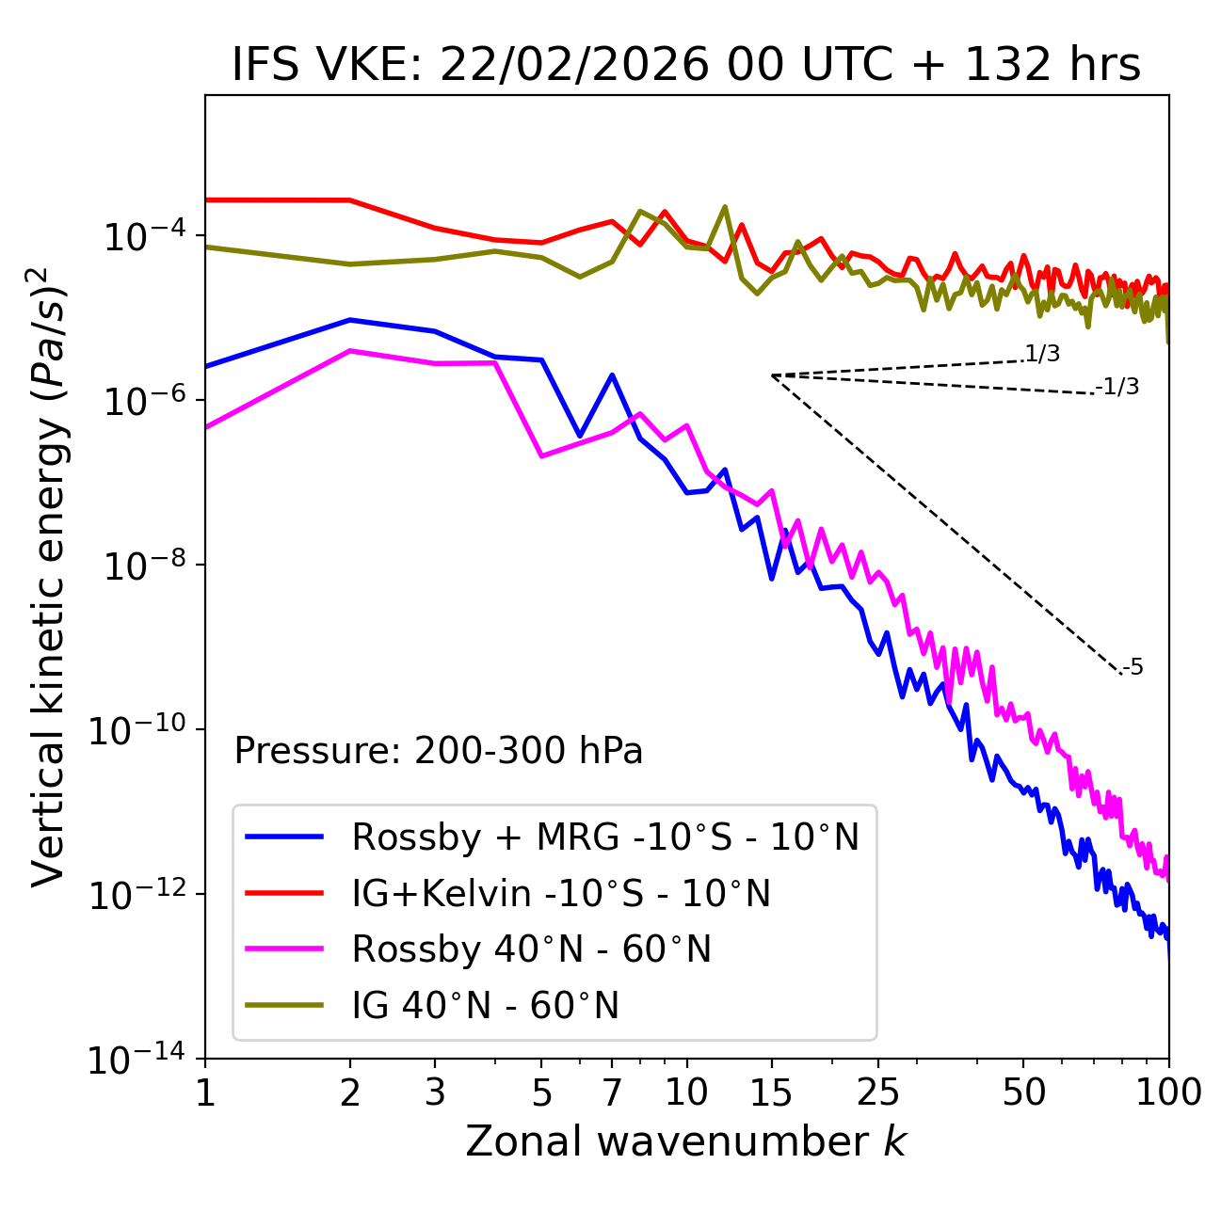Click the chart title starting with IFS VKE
click(686, 66)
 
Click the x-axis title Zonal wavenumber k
click(686, 1141)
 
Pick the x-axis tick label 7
click(612, 1092)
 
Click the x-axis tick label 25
click(878, 1092)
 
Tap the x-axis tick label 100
click(1167, 1092)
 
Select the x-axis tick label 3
click(435, 1092)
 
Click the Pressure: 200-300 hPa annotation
click(439, 751)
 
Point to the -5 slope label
click(1133, 668)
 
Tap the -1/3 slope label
click(1117, 387)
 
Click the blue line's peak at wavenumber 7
click(612, 375)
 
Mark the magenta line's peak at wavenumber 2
click(350, 351)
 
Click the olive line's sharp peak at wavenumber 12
click(724, 207)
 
